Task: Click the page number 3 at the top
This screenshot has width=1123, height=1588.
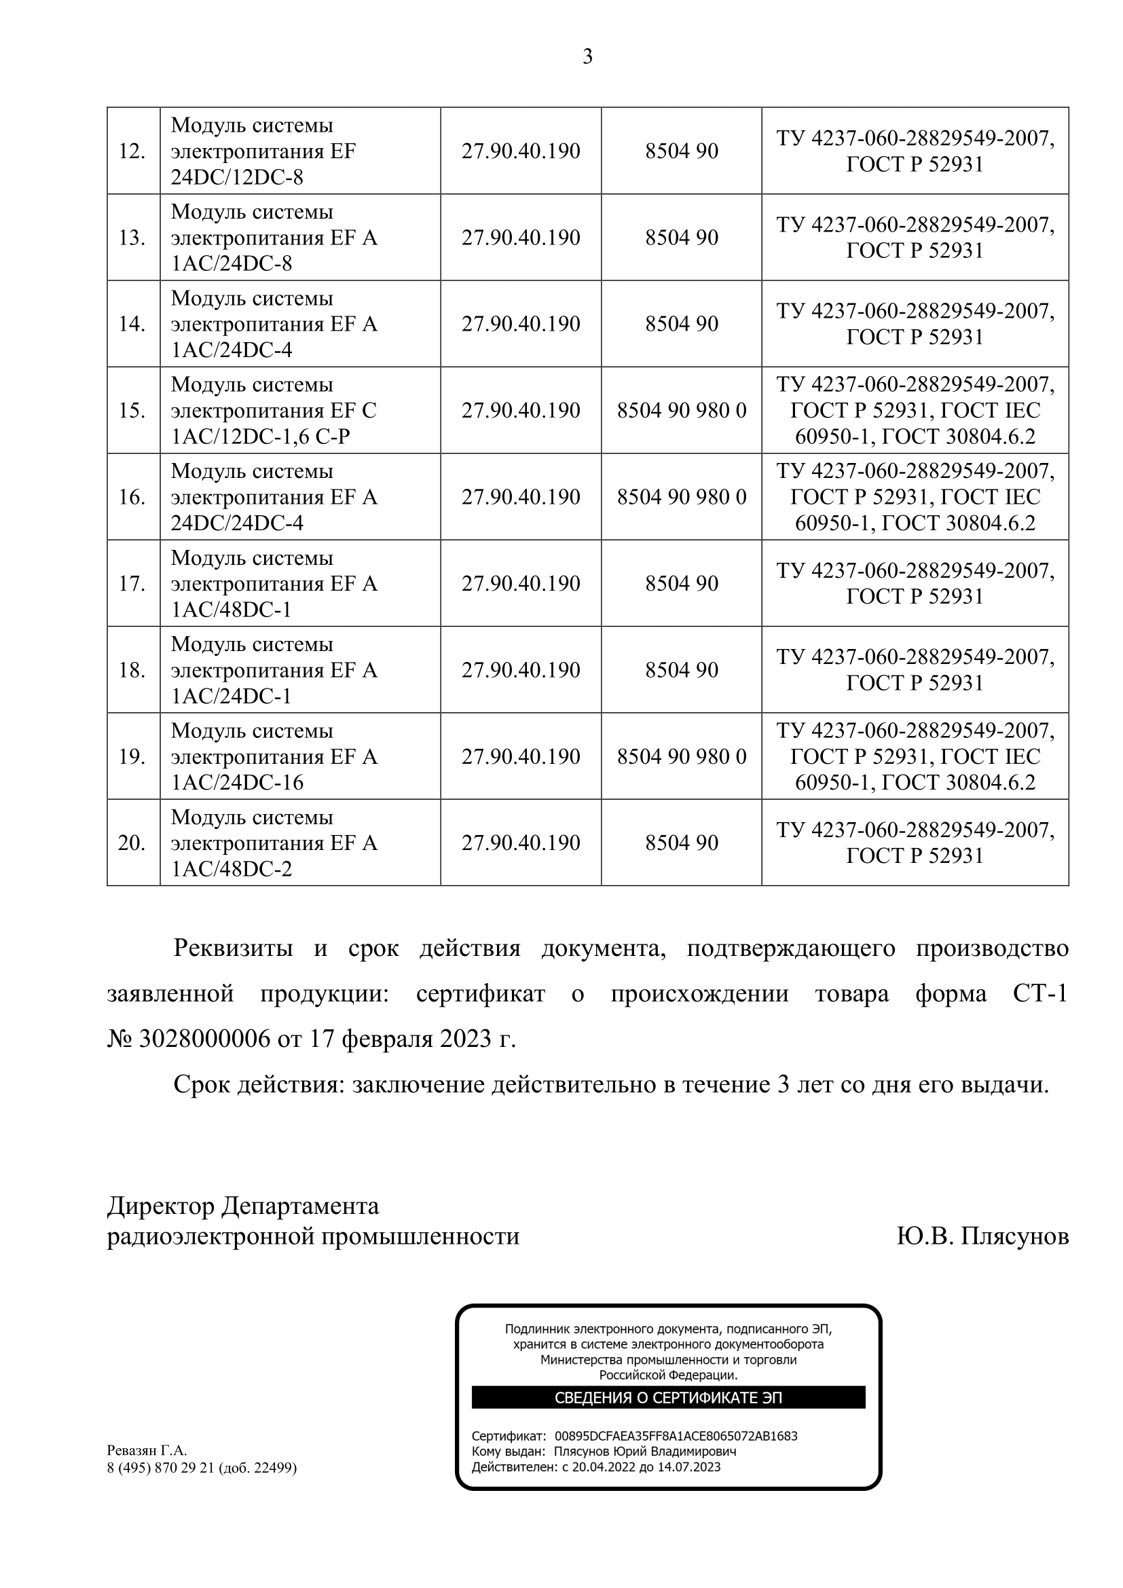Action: tap(587, 57)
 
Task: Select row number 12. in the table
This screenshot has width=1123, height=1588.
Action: tap(132, 151)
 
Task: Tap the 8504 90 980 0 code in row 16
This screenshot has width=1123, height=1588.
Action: tap(681, 497)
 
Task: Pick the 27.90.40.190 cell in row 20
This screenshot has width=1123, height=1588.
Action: tap(521, 843)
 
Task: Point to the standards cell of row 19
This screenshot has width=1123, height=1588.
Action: tap(915, 756)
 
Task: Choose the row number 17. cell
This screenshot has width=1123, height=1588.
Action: tap(132, 584)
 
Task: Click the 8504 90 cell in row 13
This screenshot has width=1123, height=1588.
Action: tap(681, 238)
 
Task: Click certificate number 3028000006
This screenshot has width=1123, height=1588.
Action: tap(204, 1039)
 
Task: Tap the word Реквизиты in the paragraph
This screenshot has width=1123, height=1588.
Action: tap(233, 948)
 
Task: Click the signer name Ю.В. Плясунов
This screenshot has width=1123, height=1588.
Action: tap(982, 1236)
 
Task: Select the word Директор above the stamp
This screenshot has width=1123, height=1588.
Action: tap(161, 1206)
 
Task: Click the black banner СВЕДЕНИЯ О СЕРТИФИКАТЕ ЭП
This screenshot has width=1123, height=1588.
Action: tap(668, 1398)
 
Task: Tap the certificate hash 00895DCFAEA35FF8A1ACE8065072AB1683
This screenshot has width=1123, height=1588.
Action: tap(676, 1436)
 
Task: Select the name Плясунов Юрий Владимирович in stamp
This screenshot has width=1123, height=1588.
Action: tap(644, 1452)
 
